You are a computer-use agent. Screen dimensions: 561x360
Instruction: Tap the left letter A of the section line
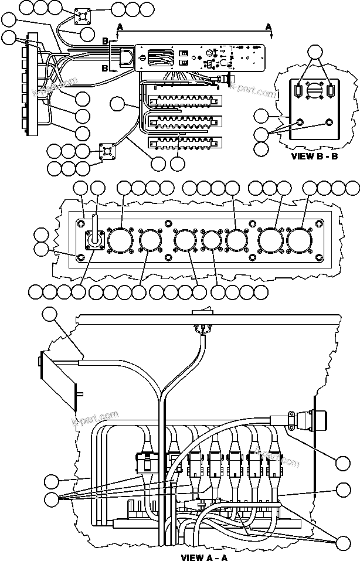pos(120,27)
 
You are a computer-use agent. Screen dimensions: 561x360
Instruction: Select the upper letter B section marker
pos(106,40)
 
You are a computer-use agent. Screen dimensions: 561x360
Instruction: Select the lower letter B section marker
pos(106,69)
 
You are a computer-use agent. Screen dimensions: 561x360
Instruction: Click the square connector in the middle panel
pos(94,240)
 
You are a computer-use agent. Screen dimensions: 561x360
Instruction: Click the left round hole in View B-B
pos(300,123)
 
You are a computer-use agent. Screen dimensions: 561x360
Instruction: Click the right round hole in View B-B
pos(328,123)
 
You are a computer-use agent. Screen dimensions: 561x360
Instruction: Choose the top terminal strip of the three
pos(185,99)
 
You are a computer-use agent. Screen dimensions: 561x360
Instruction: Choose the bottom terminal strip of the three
pos(185,142)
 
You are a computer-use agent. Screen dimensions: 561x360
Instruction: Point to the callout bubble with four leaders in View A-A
pos(52,499)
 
